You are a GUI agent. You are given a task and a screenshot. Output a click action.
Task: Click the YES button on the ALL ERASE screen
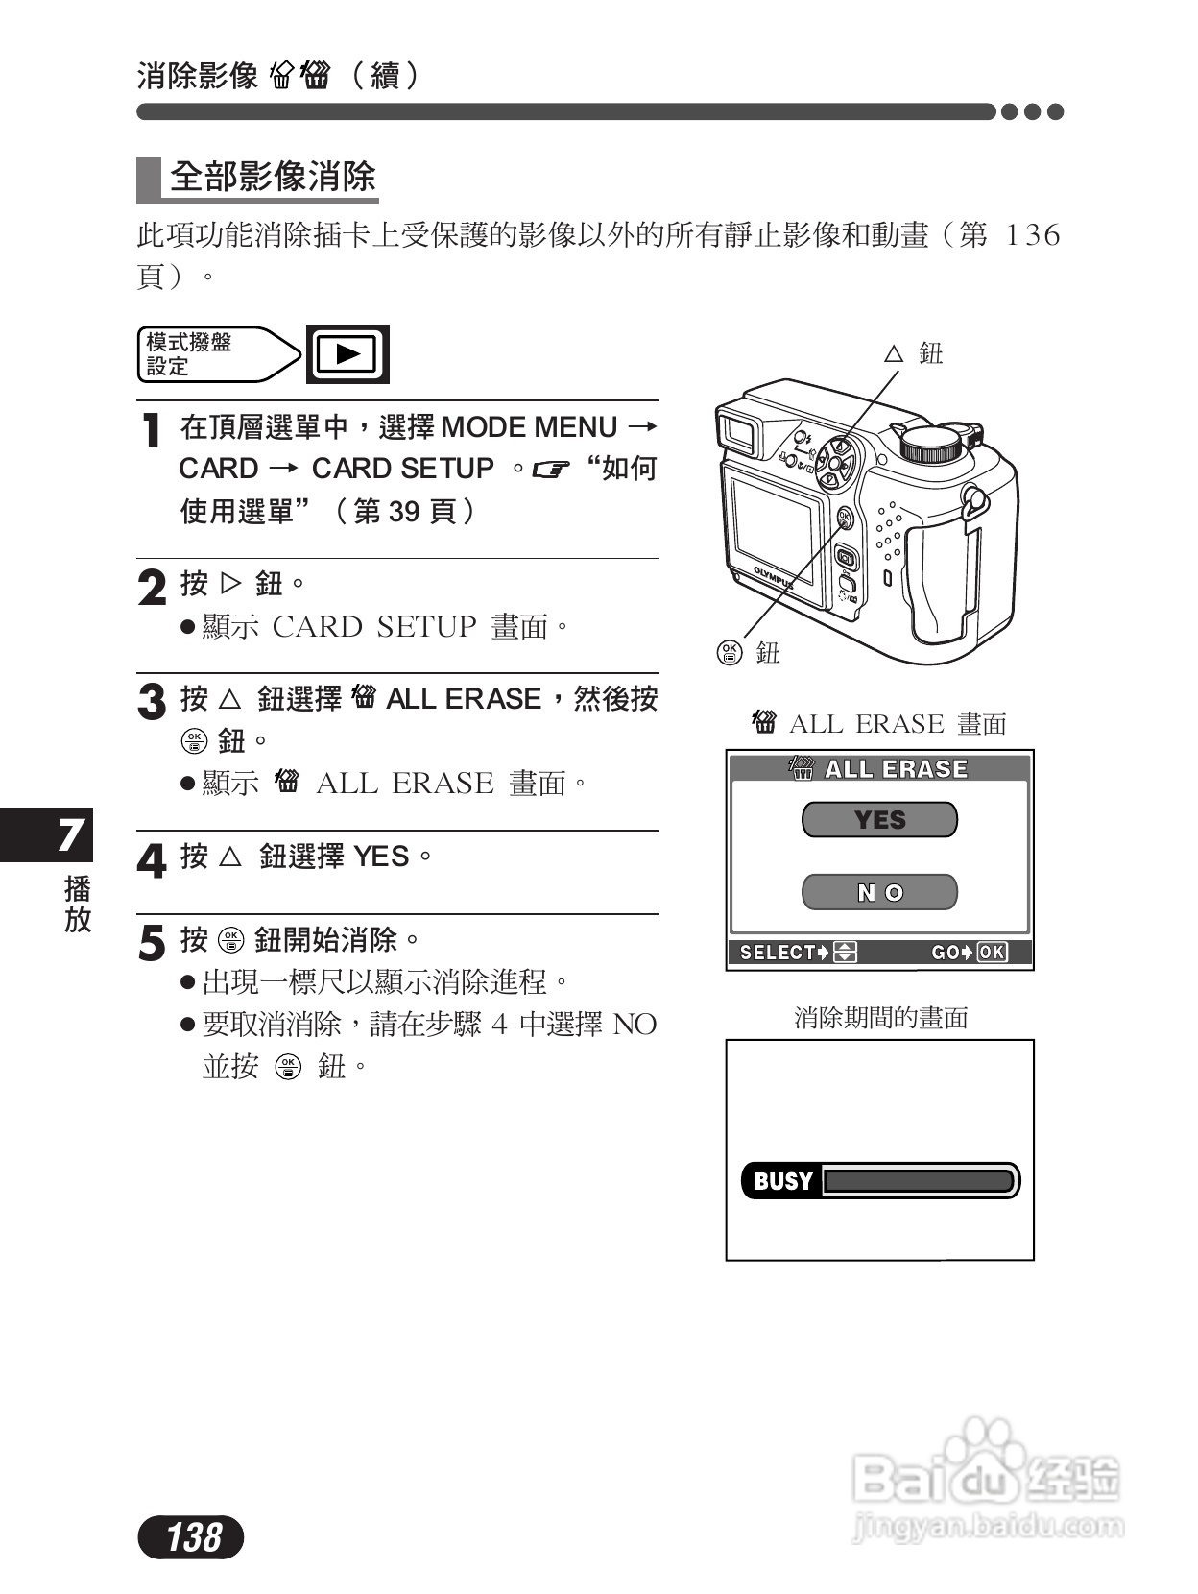[879, 820]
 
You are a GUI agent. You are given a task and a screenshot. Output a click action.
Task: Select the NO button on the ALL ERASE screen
[879, 893]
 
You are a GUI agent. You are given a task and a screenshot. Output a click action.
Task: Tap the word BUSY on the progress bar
[782, 1181]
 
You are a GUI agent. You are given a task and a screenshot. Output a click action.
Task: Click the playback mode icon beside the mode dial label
[347, 354]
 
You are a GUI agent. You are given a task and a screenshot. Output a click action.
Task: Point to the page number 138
[193, 1537]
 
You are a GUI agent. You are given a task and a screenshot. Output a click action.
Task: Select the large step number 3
[151, 702]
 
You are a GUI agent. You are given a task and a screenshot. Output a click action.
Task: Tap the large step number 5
[151, 943]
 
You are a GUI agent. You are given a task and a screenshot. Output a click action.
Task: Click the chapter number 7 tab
[68, 834]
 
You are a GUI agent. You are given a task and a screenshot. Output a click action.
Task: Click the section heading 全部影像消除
[273, 178]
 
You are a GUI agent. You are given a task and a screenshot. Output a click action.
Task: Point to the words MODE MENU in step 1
[528, 427]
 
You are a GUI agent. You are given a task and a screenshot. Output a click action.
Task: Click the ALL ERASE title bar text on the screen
[896, 769]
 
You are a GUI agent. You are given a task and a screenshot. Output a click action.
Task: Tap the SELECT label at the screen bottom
[778, 953]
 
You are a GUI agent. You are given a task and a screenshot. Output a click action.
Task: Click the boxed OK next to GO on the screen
[992, 953]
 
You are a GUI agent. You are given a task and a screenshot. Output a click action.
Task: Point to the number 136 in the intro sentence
[1032, 235]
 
